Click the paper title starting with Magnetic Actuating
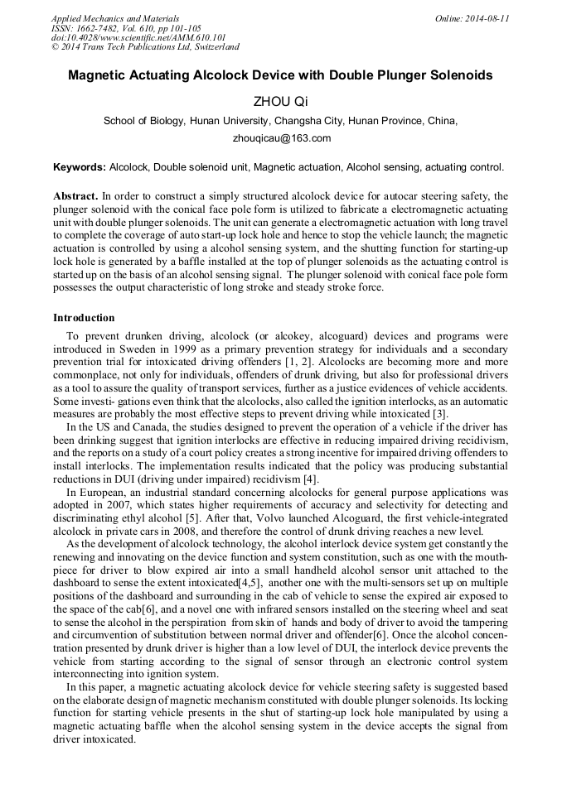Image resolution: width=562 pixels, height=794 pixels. coord(280,75)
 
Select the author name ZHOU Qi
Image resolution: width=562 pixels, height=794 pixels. coord(280,102)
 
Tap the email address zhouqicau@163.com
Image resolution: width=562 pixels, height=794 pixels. coord(280,138)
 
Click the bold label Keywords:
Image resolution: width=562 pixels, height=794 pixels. coord(80,167)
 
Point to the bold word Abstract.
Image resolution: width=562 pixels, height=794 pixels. coord(75,196)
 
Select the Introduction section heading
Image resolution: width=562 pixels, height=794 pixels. coord(84,318)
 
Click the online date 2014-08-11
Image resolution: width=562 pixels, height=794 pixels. coord(488,18)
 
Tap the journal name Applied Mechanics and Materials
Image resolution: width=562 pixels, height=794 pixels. coord(115,18)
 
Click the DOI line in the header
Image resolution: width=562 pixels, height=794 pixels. coord(138,37)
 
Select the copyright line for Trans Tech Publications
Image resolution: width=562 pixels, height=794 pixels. coord(145,47)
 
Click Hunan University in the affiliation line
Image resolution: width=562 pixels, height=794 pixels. coord(217,121)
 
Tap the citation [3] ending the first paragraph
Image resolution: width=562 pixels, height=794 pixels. coord(440,413)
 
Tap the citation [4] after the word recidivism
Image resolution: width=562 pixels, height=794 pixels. coord(310,479)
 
